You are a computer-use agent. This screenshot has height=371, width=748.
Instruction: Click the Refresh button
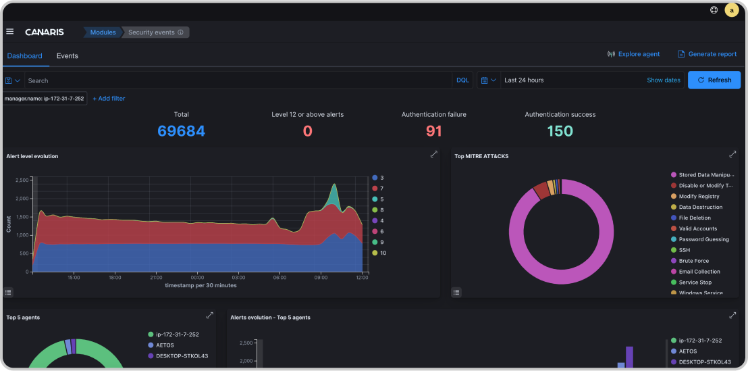[x=714, y=80]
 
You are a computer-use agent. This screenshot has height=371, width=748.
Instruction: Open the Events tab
[x=67, y=56]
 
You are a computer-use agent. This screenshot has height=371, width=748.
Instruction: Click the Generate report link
[x=707, y=54]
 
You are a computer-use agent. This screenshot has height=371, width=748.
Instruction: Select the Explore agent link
[x=633, y=54]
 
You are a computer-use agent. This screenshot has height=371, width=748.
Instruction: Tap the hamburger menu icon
[x=9, y=32]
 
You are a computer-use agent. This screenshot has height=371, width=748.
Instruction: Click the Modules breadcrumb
[x=103, y=32]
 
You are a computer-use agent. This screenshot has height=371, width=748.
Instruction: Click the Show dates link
[x=663, y=80]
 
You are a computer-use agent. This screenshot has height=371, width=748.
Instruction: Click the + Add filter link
[x=109, y=99]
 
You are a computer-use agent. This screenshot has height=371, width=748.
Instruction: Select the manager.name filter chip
[x=44, y=99]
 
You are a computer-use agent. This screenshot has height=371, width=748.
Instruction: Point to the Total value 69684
[x=181, y=131]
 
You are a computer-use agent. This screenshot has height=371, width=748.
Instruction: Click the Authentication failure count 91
[x=433, y=131]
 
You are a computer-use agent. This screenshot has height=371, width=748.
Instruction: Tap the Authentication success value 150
[x=560, y=131]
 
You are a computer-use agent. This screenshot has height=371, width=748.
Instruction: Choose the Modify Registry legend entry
[x=699, y=196]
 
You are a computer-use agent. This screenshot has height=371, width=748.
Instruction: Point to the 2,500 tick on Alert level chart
[x=22, y=180]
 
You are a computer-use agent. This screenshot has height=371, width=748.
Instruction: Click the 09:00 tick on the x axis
[x=321, y=277]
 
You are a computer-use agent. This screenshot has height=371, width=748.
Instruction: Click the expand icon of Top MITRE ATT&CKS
[x=732, y=154]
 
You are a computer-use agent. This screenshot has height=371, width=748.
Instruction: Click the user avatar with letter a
[x=731, y=10]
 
